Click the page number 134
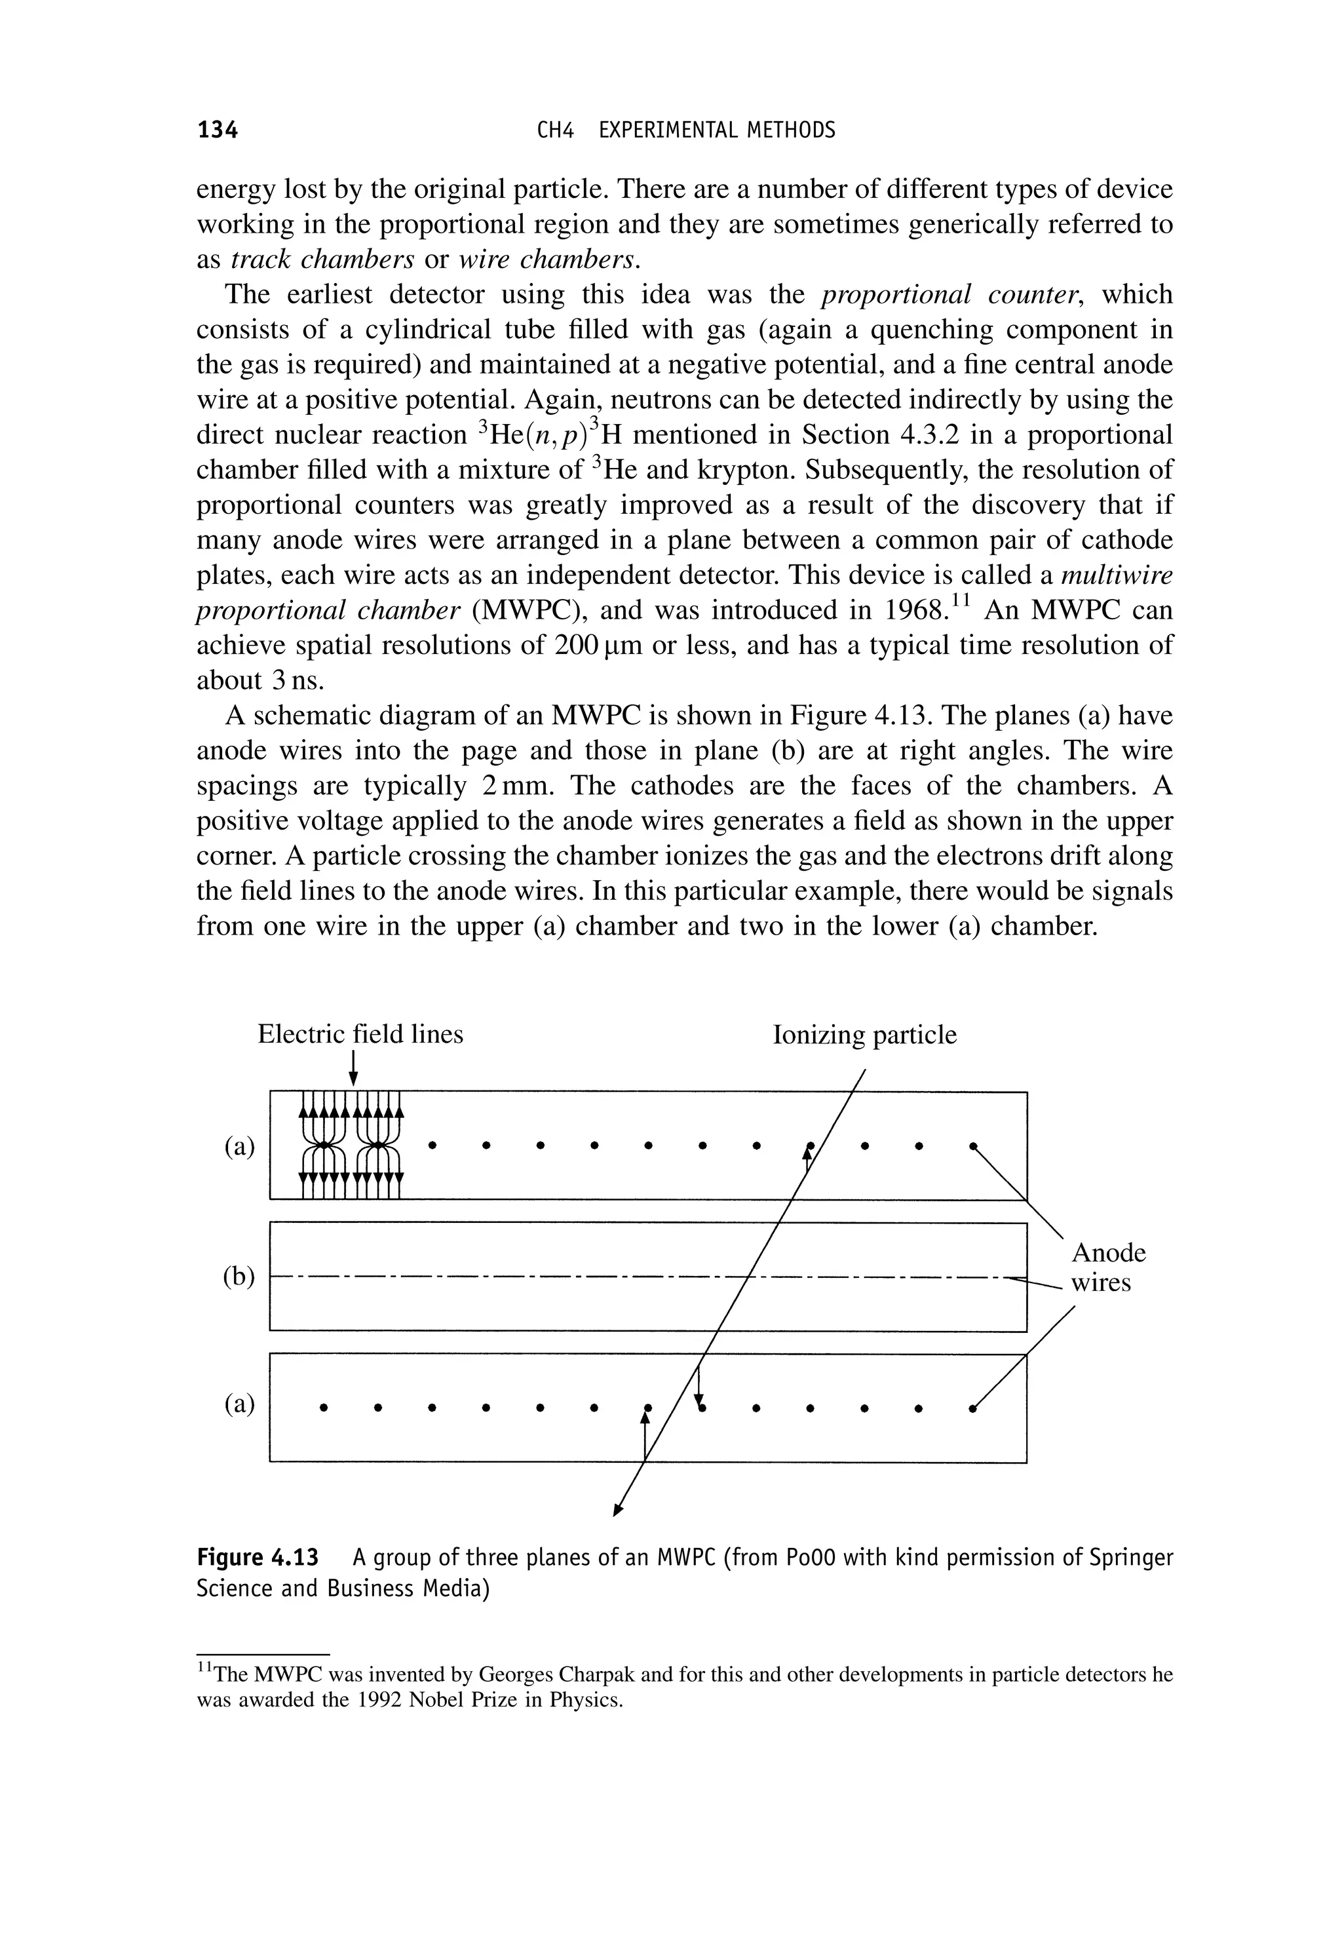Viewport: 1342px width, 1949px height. tap(217, 130)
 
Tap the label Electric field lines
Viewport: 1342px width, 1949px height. tap(360, 1033)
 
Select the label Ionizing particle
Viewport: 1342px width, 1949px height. tap(864, 1033)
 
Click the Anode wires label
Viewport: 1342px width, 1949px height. tap(1107, 1268)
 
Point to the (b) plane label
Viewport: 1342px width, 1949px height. tap(239, 1277)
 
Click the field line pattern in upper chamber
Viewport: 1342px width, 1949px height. tap(351, 1145)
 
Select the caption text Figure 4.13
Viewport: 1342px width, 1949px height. tap(258, 1558)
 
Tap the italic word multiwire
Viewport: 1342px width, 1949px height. tap(1117, 575)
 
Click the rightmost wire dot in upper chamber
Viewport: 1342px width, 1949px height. tap(973, 1145)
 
